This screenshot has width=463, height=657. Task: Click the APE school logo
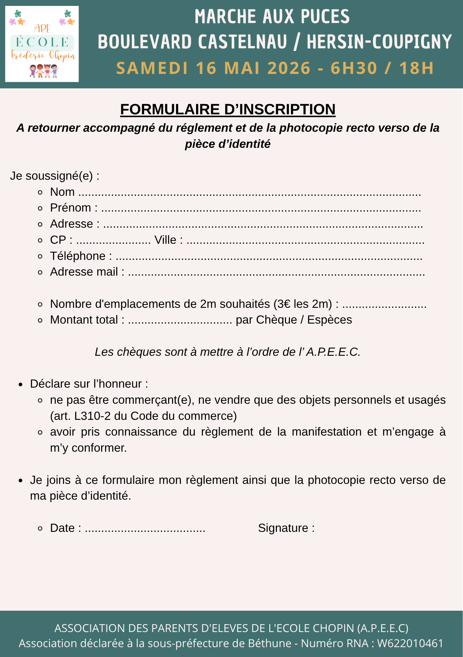click(42, 44)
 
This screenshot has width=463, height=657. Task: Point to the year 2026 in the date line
click(289, 68)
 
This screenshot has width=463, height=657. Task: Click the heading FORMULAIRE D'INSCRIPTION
click(228, 109)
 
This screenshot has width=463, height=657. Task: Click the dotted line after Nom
click(250, 193)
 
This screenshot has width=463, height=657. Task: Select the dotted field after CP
click(113, 240)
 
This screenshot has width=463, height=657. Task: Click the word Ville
click(166, 240)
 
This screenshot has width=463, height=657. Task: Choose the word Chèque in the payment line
click(276, 320)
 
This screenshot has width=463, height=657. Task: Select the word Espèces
click(329, 320)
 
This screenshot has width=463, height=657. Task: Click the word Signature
click(283, 528)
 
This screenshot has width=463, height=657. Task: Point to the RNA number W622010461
click(410, 643)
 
